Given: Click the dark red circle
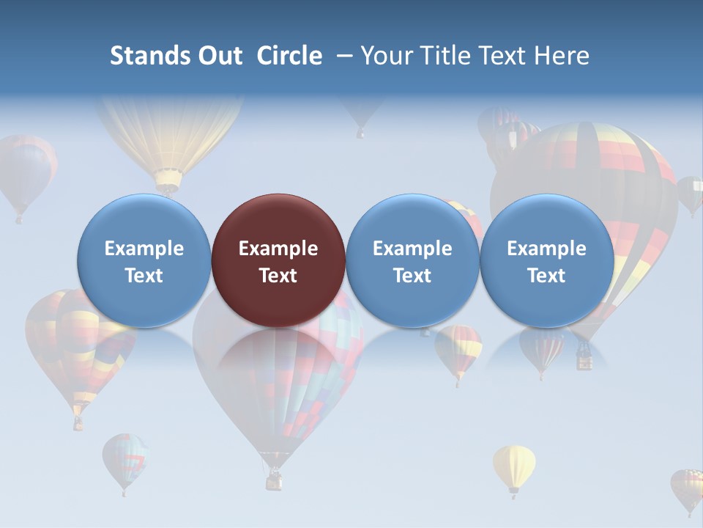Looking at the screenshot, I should tap(278, 260).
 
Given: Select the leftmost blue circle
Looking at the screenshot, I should tap(144, 260).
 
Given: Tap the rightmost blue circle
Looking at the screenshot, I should tap(546, 260).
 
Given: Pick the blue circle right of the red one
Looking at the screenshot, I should tap(412, 260).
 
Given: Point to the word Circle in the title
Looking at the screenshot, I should tap(289, 56).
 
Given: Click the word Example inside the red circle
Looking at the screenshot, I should tap(278, 249).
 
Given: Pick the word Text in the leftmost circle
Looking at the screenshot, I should tap(144, 276).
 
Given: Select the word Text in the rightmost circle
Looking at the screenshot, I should tap(546, 276).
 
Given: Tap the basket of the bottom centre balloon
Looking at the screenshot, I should tap(274, 480).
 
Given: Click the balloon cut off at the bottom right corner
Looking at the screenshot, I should tap(688, 488).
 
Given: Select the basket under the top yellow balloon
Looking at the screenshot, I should tap(168, 180).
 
